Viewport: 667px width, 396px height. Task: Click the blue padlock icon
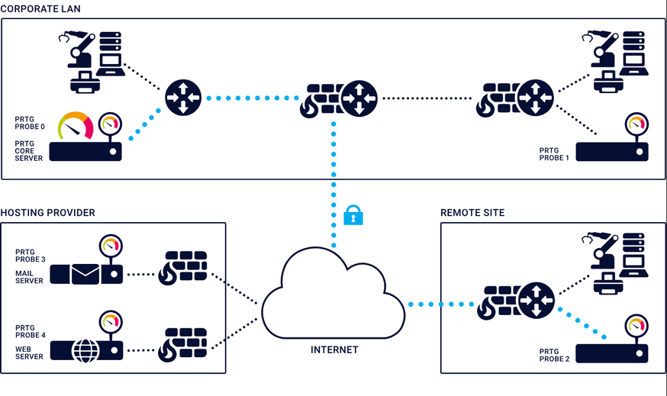click(x=352, y=215)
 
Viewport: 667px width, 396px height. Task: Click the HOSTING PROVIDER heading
click(x=47, y=212)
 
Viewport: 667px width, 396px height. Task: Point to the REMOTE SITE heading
click(x=472, y=212)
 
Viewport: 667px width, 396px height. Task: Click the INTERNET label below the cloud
click(x=333, y=349)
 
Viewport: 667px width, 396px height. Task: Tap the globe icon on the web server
click(x=85, y=350)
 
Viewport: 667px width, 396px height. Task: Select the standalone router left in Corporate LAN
click(x=183, y=98)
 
